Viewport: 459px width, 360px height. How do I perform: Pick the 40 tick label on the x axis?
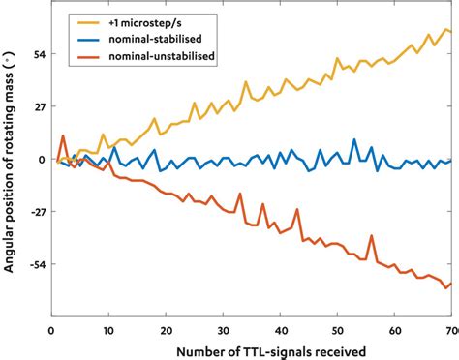click(280, 329)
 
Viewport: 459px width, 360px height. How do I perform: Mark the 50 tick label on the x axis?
click(337, 329)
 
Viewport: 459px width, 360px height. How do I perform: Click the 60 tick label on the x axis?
click(394, 329)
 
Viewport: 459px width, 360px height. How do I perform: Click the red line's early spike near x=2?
click(63, 136)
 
